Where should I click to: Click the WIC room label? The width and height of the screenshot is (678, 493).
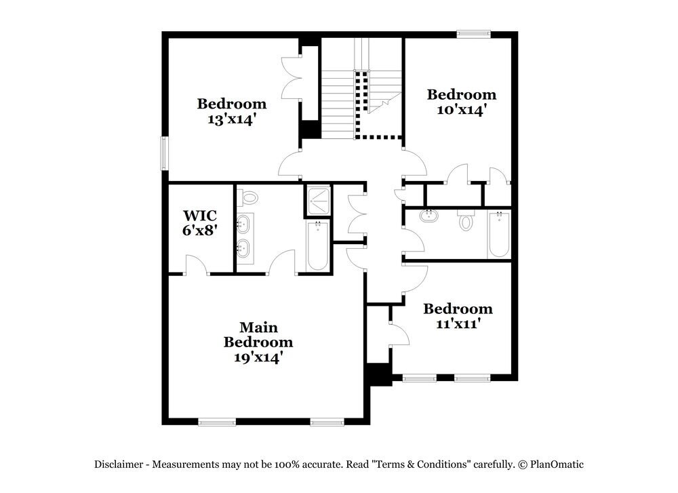199,216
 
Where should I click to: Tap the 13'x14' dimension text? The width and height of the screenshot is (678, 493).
232,119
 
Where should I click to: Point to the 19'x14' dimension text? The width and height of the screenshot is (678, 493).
258,357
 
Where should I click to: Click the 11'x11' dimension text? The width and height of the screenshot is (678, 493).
458,324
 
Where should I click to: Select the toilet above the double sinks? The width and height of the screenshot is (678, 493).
250,198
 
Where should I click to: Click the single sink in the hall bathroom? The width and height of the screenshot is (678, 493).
428,217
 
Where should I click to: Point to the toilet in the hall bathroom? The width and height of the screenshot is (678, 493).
466,221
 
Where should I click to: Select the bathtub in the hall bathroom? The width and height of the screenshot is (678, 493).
498,235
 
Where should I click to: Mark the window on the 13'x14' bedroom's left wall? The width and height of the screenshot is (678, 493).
163,153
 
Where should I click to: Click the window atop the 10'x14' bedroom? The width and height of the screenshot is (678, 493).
473,33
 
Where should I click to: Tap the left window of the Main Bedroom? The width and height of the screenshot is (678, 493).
217,422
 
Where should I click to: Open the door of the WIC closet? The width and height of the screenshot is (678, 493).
197,266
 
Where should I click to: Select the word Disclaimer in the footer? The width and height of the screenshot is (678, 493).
119,465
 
